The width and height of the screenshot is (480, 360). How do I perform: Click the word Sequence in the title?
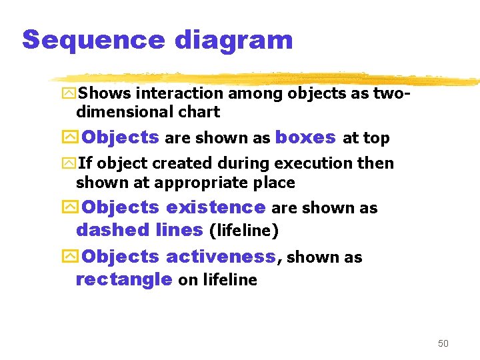click(93, 40)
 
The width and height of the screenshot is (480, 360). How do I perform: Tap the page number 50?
click(443, 343)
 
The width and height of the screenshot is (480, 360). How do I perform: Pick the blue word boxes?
click(305, 137)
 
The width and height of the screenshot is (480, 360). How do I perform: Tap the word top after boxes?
click(376, 138)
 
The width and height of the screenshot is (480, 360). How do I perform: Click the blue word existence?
click(215, 207)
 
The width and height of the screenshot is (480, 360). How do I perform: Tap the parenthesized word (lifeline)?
click(243, 231)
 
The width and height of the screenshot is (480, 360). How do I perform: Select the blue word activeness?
click(220, 256)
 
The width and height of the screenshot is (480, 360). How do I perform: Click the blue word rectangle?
click(124, 279)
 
